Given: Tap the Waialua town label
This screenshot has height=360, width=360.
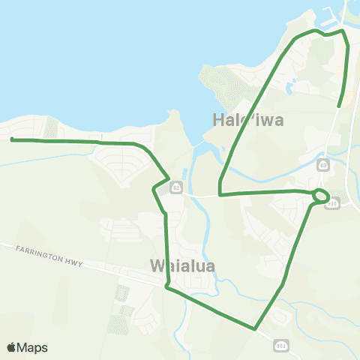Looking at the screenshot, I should pyautogui.click(x=184, y=266).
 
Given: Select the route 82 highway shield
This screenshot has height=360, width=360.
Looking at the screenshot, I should pyautogui.click(x=174, y=185).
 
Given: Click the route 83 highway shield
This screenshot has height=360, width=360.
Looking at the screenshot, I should pyautogui.click(x=323, y=164).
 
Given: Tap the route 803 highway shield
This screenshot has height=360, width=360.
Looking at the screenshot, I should pyautogui.click(x=279, y=345).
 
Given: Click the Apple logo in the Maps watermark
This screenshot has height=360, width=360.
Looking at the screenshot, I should pyautogui.click(x=13, y=347).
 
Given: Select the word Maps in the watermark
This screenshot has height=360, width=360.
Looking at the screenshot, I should pyautogui.click(x=34, y=347).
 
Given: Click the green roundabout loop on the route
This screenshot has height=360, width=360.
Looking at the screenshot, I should pyautogui.click(x=320, y=196).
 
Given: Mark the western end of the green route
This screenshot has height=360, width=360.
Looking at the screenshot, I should pyautogui.click(x=12, y=139).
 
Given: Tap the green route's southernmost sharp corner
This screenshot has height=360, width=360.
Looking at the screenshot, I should pyautogui.click(x=255, y=328).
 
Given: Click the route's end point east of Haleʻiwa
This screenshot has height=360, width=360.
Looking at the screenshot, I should pyautogui.click(x=340, y=106).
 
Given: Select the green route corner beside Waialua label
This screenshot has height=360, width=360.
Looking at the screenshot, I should pyautogui.click(x=167, y=285).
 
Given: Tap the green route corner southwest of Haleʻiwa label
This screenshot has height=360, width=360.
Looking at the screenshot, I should pyautogui.click(x=220, y=194).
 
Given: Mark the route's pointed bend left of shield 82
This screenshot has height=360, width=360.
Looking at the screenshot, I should pyautogui.click(x=154, y=188).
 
